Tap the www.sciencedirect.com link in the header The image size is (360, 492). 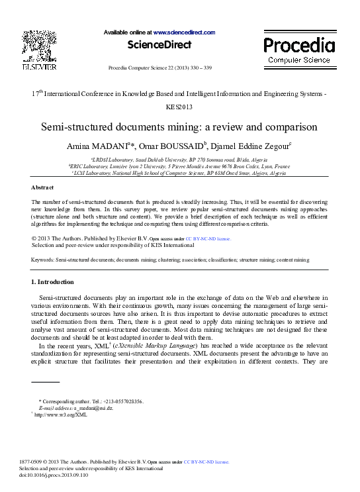[x=185, y=32]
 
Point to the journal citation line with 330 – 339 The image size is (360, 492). [x=159, y=68]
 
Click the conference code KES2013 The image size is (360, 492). [x=179, y=106]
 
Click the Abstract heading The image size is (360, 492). [x=43, y=188]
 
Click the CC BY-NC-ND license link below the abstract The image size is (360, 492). [x=208, y=237]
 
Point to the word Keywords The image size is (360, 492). [x=43, y=260]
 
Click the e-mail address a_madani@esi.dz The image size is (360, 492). [x=91, y=408]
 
